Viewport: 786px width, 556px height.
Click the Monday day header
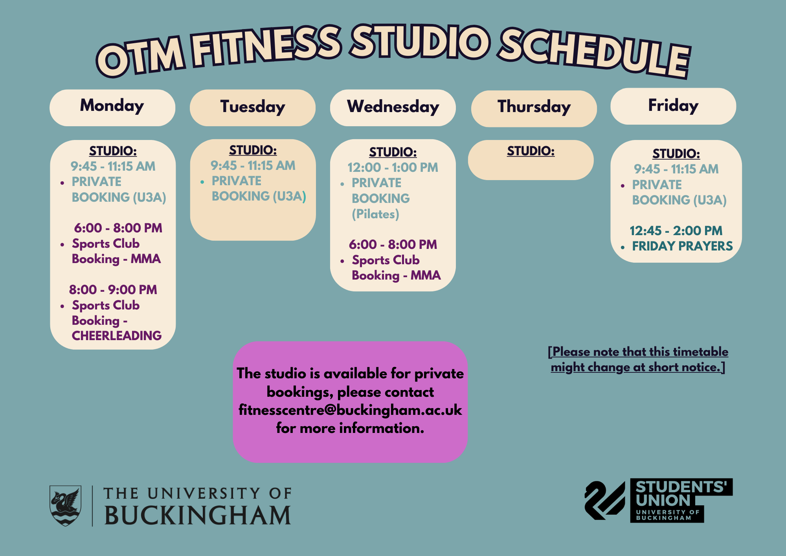112,107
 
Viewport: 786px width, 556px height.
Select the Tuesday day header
253,107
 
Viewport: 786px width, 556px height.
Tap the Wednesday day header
393,107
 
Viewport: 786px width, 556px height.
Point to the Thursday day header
534,109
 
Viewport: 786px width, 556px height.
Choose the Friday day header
673,106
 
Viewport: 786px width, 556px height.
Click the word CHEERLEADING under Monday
117,335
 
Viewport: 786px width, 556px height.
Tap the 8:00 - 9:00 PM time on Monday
113,289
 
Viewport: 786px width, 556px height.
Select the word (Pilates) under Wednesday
375,214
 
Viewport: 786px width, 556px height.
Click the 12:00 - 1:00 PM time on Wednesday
393,168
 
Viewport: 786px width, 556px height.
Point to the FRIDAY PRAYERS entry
682,246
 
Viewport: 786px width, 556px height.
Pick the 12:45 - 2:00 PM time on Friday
676,230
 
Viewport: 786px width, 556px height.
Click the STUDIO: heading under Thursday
531,151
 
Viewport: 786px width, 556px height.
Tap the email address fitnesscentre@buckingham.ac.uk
350,410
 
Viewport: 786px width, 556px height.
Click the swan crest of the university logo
65,506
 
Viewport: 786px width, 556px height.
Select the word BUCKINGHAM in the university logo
198,515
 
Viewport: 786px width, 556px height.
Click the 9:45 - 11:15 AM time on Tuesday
253,166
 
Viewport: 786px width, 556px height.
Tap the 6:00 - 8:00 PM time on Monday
118,228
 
